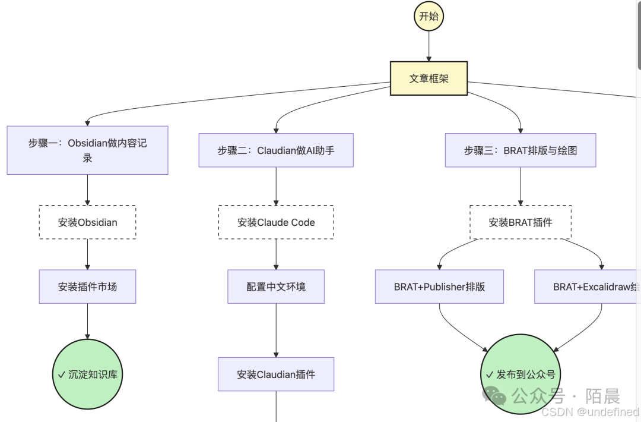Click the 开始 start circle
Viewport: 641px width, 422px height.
click(429, 16)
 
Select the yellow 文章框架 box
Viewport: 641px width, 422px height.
click(429, 78)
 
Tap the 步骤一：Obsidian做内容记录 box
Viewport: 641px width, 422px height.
click(87, 150)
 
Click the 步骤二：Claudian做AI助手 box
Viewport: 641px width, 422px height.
click(276, 150)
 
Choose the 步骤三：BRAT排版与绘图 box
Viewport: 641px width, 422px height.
click(521, 150)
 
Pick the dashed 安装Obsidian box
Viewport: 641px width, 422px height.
click(87, 222)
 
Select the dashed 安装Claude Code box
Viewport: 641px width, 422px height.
click(276, 222)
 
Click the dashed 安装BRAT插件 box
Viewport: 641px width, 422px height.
click(521, 222)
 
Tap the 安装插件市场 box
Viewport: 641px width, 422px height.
click(87, 286)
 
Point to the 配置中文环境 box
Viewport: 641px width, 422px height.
click(276, 286)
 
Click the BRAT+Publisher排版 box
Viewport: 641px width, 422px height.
click(439, 286)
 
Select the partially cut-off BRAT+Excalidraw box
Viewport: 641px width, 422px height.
click(588, 286)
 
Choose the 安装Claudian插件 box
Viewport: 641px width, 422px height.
click(276, 374)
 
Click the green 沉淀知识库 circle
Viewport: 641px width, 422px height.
click(87, 374)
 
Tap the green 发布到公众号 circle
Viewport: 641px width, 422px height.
click(520, 374)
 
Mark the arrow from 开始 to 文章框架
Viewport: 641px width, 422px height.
click(429, 46)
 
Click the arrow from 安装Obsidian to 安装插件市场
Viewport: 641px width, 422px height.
click(87, 254)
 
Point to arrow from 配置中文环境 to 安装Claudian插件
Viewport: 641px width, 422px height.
click(276, 330)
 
